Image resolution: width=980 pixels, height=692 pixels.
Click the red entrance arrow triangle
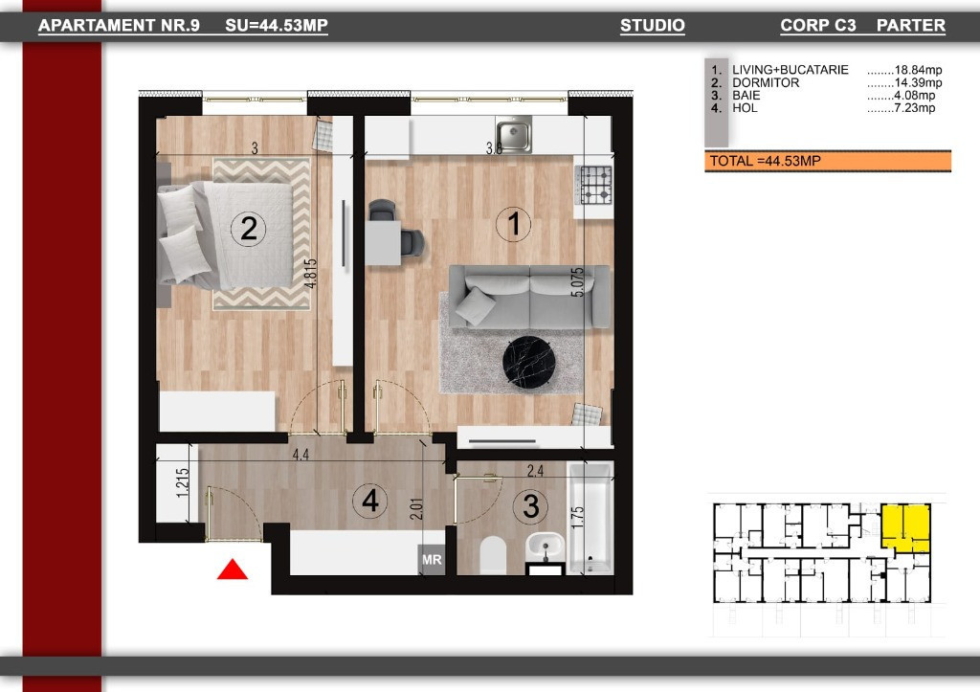click(233, 570)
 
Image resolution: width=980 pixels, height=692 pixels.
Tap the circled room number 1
click(514, 225)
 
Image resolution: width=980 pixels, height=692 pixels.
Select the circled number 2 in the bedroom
click(249, 229)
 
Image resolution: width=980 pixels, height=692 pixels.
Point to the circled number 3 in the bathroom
click(532, 506)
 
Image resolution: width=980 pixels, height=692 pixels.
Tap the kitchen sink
click(514, 135)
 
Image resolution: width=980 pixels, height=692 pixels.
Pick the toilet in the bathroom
click(494, 554)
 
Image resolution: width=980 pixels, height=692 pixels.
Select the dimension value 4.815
click(309, 280)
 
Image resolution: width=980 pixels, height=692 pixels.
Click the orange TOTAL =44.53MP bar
click(827, 161)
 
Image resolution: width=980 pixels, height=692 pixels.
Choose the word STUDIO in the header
click(652, 26)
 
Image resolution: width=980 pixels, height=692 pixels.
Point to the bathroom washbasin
click(547, 546)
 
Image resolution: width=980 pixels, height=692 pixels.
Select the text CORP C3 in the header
click(817, 26)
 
